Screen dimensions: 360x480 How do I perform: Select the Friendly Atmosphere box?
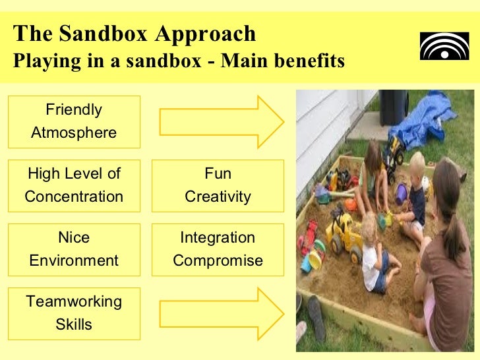click(x=74, y=121)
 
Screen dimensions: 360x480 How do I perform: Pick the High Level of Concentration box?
click(x=74, y=185)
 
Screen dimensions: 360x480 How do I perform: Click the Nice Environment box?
click(x=74, y=249)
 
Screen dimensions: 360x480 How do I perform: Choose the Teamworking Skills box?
click(x=74, y=313)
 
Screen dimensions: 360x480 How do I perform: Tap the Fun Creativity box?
click(x=218, y=185)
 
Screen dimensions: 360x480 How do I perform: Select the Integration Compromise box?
click(x=218, y=249)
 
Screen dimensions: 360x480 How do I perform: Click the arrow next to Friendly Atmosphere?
click(x=221, y=121)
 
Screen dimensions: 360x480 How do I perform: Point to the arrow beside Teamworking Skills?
click(x=221, y=313)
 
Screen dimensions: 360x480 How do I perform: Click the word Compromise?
click(x=218, y=261)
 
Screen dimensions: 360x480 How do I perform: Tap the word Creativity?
click(x=218, y=197)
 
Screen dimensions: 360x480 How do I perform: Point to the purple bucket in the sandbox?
click(x=400, y=193)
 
